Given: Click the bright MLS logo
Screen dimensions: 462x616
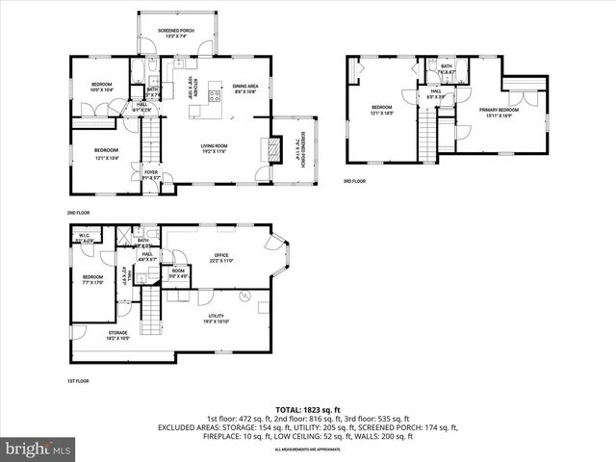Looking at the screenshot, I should [x=39, y=449].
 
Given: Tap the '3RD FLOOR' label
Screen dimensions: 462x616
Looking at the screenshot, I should [x=354, y=181].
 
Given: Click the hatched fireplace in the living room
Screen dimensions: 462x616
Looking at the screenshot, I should [x=273, y=148].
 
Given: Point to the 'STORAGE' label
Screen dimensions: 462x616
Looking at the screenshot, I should [x=116, y=335].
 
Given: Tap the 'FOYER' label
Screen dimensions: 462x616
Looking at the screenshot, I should [x=152, y=174].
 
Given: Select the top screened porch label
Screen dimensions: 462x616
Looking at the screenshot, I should [x=175, y=33].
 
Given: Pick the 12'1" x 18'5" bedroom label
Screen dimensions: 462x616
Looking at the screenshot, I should [x=382, y=110].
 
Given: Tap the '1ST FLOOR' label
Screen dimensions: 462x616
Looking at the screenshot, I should [x=78, y=381].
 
